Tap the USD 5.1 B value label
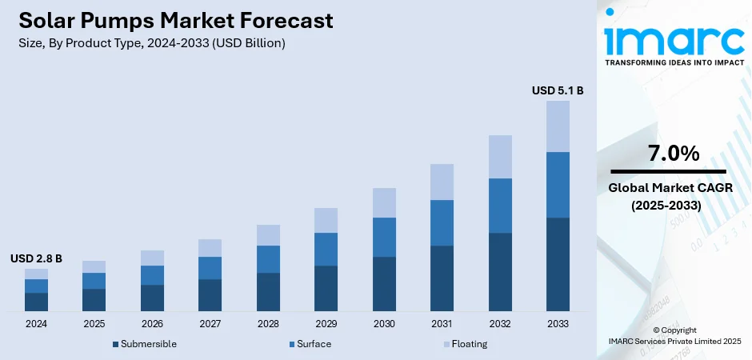tap(558, 91)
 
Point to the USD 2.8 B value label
tap(36, 258)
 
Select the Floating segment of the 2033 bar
tap(558, 126)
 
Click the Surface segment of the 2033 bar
tap(558, 185)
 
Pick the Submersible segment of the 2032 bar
tap(500, 272)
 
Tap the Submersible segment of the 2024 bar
tap(36, 302)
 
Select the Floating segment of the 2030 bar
tap(384, 203)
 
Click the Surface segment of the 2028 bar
tap(268, 259)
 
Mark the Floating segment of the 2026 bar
tap(152, 258)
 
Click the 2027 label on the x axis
tap(210, 324)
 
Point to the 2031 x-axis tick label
tap(442, 324)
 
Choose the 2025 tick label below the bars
tap(94, 324)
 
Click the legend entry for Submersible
tap(145, 344)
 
